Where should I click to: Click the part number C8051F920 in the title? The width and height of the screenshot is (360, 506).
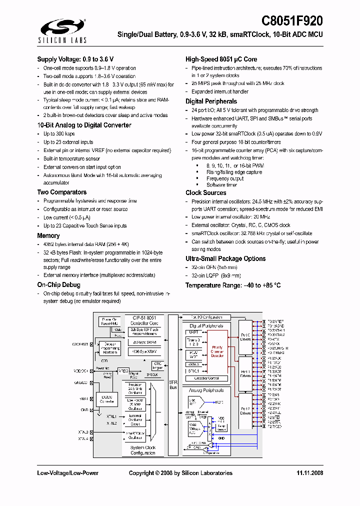(x=292, y=21)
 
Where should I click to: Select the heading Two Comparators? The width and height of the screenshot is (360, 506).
(x=61, y=192)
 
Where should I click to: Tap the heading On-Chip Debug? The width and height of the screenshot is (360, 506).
(x=58, y=285)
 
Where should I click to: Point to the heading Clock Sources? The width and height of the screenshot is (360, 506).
(x=206, y=192)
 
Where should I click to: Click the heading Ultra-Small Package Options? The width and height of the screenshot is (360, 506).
(x=225, y=258)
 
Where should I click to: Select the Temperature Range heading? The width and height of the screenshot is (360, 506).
(x=233, y=285)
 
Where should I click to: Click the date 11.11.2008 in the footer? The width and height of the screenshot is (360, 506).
(x=310, y=473)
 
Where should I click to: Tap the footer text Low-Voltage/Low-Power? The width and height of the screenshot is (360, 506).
(x=67, y=473)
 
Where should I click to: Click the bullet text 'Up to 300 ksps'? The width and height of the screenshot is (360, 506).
(x=59, y=134)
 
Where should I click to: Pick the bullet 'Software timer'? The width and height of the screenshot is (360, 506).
(x=221, y=185)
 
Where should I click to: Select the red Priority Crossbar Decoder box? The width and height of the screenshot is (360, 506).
(x=217, y=351)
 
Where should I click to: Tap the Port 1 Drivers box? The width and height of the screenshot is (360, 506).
(x=245, y=373)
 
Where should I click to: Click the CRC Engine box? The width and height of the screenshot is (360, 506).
(x=157, y=365)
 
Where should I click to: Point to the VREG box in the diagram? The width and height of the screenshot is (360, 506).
(x=123, y=371)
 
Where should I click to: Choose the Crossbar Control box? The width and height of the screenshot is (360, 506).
(x=206, y=378)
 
